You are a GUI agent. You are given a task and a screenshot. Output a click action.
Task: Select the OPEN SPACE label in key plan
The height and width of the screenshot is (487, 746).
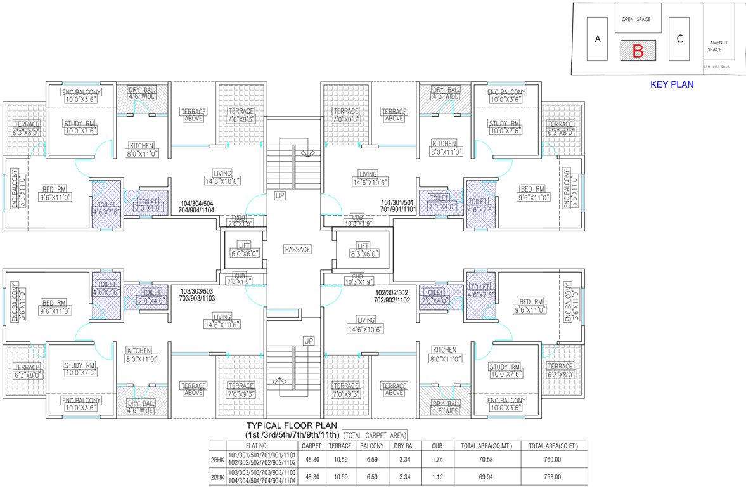(636, 20)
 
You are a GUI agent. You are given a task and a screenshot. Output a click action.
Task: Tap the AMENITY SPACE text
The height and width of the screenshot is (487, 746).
(718, 46)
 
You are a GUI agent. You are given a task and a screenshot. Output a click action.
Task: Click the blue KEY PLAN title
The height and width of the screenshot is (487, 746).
(672, 84)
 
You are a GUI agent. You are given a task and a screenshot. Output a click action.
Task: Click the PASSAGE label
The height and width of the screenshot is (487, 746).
(297, 250)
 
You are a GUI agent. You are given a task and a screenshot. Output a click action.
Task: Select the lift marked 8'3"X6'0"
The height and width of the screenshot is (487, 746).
(363, 249)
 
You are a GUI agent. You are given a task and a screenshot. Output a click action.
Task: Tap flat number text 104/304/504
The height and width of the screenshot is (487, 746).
(196, 204)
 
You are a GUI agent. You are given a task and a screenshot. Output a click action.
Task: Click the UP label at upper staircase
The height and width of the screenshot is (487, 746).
(280, 196)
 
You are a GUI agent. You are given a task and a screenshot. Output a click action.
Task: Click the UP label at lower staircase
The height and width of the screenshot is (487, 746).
(309, 341)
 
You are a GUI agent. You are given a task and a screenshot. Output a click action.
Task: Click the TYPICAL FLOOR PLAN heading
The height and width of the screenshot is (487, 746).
(291, 425)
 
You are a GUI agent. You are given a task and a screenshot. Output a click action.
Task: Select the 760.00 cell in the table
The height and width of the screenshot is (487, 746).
(553, 460)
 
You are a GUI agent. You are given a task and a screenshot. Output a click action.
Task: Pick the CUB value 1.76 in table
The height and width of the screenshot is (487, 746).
(437, 460)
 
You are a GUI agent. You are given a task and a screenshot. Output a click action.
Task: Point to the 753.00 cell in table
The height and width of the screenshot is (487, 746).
(553, 475)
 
